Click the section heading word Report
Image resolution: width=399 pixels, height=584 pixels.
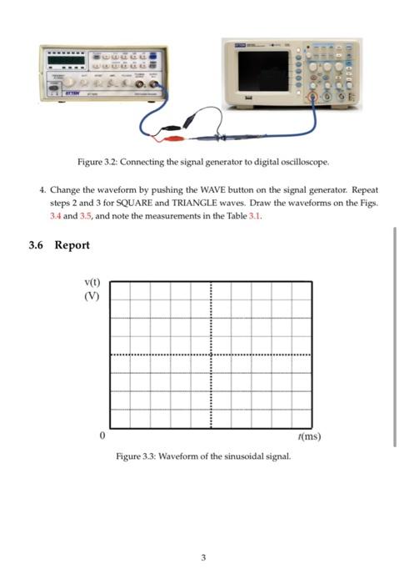[72, 245]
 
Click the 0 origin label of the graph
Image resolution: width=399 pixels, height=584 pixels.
[102, 435]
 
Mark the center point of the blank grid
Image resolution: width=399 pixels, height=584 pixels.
[212, 355]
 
